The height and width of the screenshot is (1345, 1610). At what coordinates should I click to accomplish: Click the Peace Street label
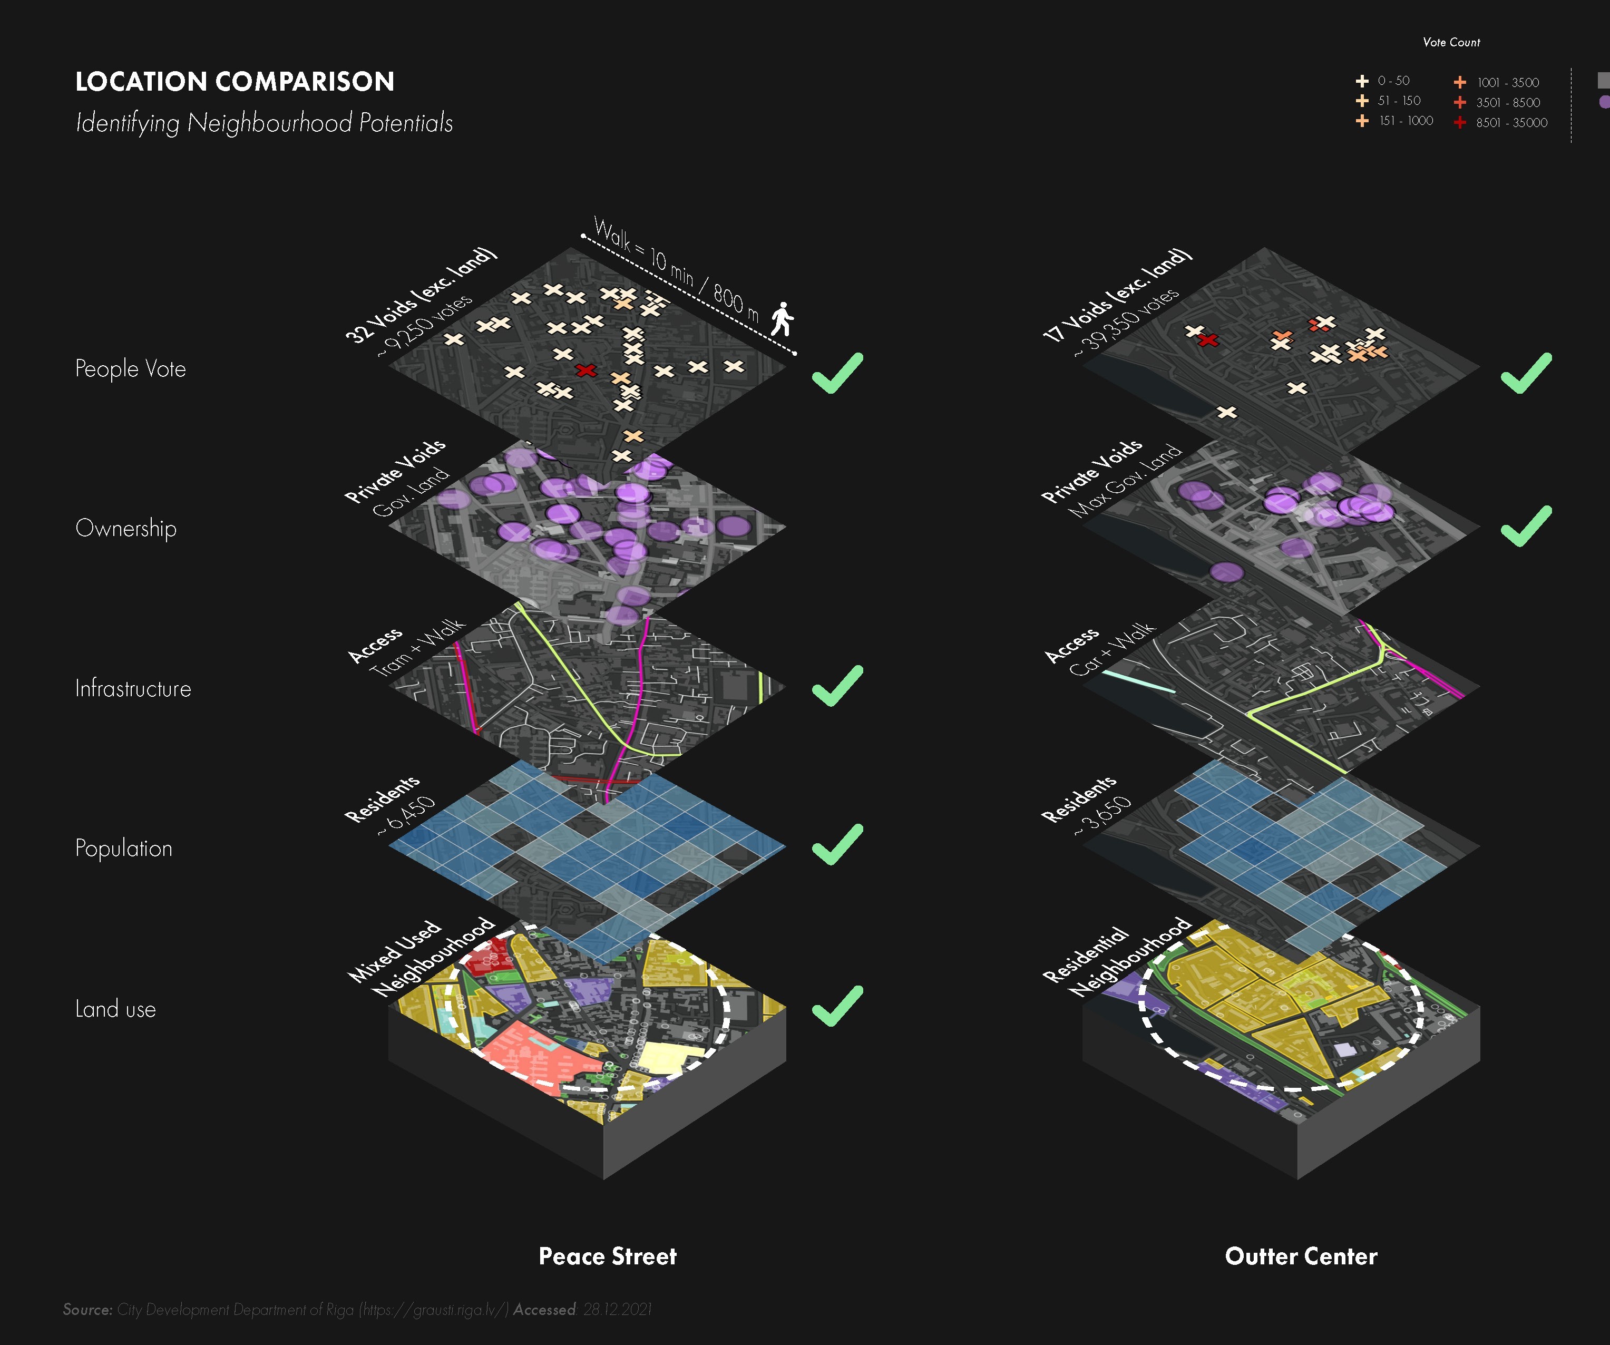point(607,1256)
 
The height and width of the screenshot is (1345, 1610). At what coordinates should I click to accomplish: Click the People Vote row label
point(130,369)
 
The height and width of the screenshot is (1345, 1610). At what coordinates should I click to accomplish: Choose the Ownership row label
point(126,528)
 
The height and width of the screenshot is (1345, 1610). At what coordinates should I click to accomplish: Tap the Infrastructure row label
point(133,689)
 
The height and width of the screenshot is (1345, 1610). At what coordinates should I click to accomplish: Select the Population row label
point(123,848)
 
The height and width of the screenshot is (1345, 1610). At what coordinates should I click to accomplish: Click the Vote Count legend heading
point(1451,42)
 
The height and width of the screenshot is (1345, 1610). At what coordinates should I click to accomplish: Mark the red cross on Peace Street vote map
point(586,371)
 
